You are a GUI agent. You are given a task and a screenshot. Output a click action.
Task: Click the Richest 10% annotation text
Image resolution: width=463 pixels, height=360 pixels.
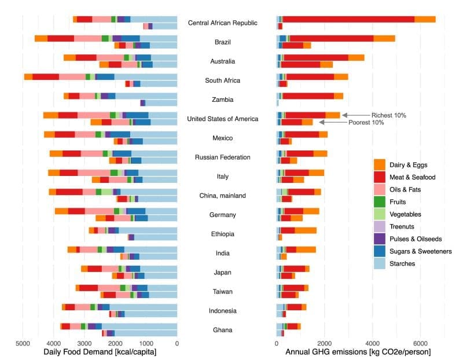pos(388,115)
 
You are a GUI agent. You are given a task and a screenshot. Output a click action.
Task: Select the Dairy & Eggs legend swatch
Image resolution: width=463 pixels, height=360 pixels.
pos(379,164)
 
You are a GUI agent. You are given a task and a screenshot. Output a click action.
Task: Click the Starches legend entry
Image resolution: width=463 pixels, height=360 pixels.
pos(405,263)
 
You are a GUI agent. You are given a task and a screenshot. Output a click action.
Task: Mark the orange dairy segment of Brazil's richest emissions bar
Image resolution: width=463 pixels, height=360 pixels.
pos(384,39)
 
